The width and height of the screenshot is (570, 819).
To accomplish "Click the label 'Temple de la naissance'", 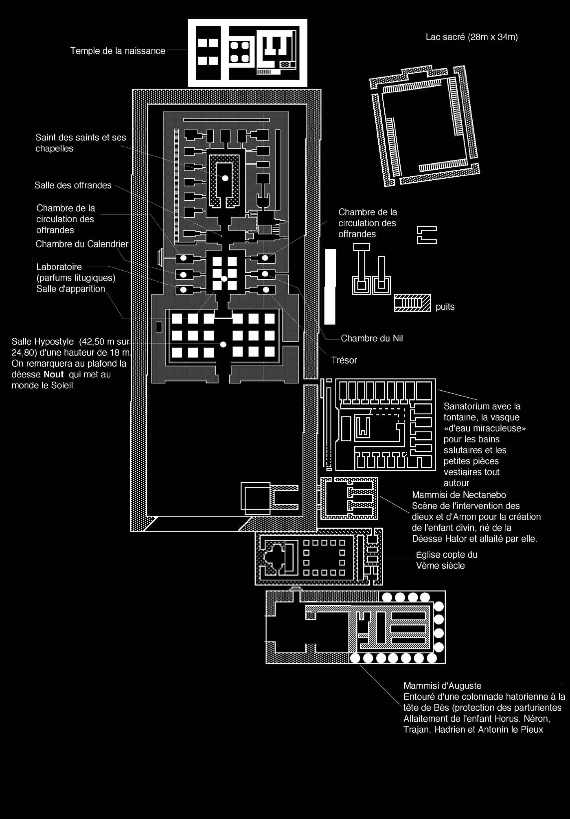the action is (118, 51).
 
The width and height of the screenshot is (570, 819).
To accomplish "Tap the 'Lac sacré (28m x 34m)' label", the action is (472, 37).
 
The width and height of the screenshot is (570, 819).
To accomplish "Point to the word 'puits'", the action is (445, 307).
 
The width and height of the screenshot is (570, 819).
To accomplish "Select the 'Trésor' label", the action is (344, 360).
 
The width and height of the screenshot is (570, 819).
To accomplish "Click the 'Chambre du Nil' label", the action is (372, 338).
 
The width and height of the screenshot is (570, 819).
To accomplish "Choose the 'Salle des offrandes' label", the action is (73, 185).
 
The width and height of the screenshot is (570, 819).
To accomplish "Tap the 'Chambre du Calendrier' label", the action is (82, 244).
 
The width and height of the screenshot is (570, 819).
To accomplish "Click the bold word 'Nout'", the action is (54, 374).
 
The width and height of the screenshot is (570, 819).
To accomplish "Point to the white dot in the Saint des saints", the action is (225, 178).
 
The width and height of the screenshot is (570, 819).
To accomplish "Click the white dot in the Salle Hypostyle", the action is (223, 344).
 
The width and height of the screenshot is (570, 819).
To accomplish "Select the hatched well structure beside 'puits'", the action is (412, 302).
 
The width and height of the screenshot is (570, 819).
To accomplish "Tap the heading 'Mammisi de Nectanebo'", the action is (459, 495).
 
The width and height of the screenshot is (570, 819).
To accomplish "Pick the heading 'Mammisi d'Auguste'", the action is (443, 686).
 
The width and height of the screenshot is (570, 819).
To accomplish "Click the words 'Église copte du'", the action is (447, 555).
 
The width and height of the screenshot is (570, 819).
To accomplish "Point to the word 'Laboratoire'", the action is (59, 267).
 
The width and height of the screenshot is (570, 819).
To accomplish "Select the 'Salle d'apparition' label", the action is (71, 289).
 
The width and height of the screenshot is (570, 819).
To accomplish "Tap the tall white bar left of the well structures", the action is (330, 287).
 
